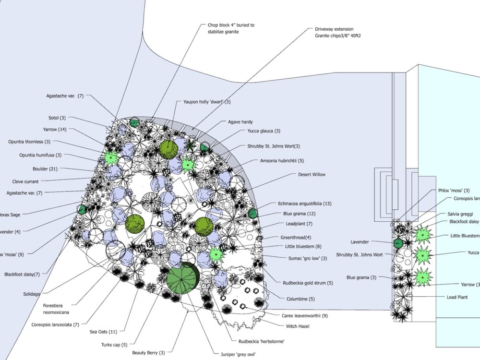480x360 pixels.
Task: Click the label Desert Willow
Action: tap(312, 175)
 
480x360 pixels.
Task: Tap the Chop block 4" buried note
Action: tap(231, 28)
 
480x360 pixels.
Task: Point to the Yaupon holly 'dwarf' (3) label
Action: tap(207, 102)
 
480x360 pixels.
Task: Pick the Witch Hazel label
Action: tap(298, 326)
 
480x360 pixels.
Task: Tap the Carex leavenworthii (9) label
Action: tap(304, 315)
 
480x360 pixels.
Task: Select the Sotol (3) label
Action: tap(57, 118)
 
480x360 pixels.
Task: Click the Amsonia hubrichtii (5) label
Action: tap(282, 161)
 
